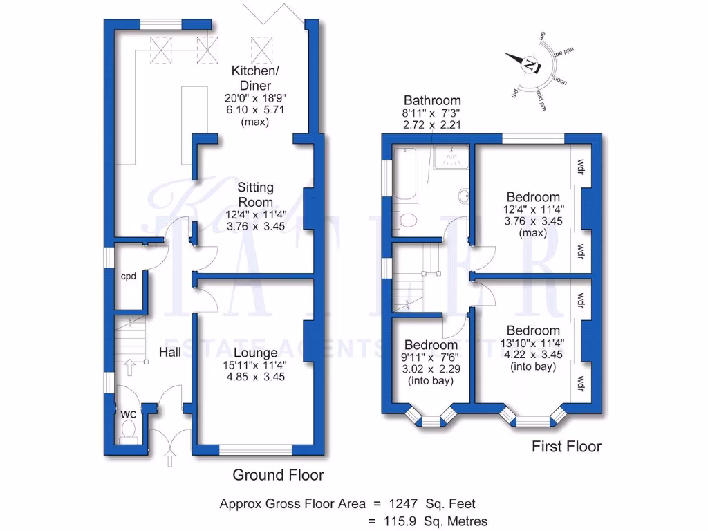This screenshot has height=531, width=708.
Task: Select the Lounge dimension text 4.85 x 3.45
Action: coord(255,378)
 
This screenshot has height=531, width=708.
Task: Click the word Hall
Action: coord(170,353)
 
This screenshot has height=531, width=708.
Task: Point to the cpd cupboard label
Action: coord(129,277)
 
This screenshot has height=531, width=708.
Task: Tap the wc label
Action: coord(129,414)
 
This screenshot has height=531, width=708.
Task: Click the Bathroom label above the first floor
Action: coord(432,100)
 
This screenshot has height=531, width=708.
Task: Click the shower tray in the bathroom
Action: coord(450,158)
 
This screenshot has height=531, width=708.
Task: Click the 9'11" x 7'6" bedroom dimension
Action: coord(430,357)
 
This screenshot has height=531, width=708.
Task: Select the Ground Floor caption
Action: coord(278,475)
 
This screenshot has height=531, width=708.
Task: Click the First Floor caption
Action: coord(566,447)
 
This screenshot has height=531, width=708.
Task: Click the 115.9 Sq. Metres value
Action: coord(432,521)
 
